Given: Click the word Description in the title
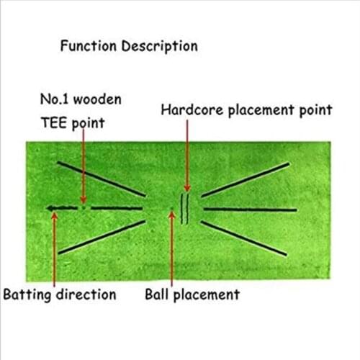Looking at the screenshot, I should pyautogui.click(x=159, y=47).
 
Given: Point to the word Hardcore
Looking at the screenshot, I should pyautogui.click(x=189, y=110).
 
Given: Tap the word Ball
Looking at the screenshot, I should pyautogui.click(x=158, y=294).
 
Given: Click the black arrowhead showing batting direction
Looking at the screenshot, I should pyautogui.click(x=50, y=209).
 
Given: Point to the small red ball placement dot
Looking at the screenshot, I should pyautogui.click(x=171, y=211).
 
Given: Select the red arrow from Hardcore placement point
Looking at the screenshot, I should pyautogui.click(x=187, y=155).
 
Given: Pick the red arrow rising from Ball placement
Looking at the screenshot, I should pyautogui.click(x=172, y=248).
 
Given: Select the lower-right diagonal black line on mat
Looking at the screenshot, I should pyautogui.click(x=248, y=238).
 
